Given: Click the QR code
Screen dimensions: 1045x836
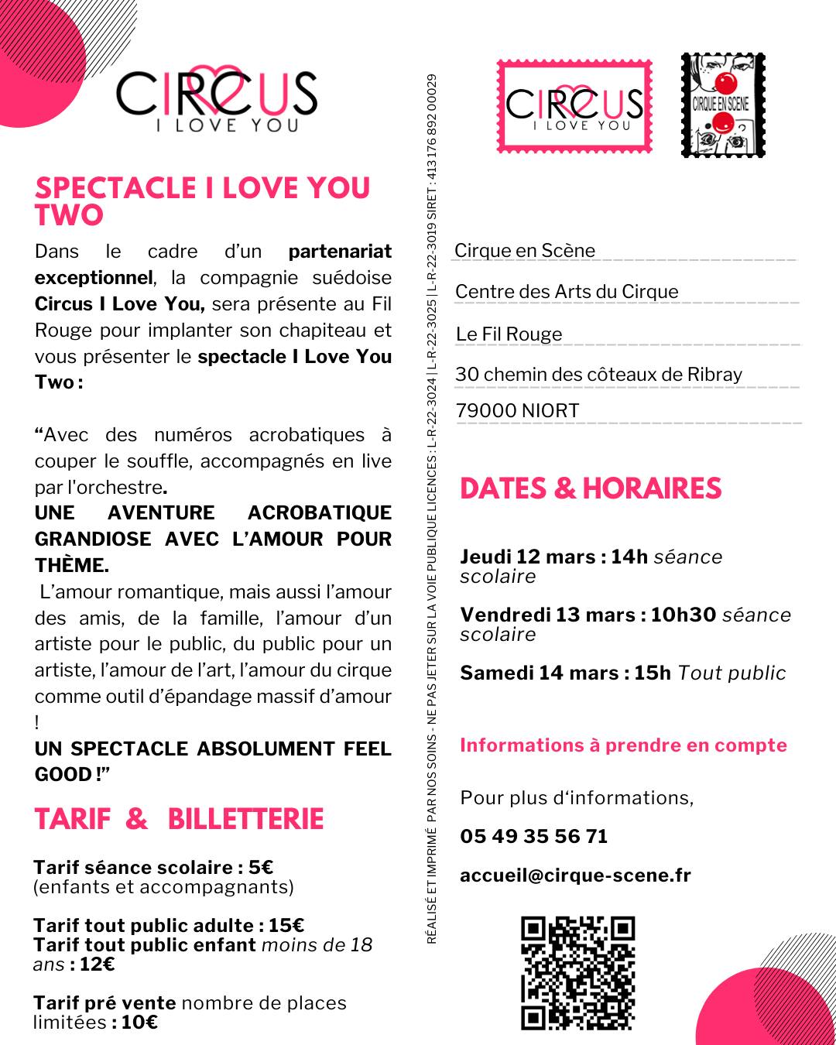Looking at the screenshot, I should click(577, 973).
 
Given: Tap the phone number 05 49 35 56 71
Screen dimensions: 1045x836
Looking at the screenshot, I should click(533, 836).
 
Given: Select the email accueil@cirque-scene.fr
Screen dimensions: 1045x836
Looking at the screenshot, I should click(575, 875).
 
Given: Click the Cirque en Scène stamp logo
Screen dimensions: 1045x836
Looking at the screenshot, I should click(723, 105).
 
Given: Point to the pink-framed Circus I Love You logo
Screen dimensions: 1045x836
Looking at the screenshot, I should click(574, 106).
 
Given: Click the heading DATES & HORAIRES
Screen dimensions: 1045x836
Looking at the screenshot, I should click(591, 488).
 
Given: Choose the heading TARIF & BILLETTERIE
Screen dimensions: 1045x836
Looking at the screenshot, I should click(179, 819).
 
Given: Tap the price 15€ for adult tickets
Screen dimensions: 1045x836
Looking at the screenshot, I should click(286, 926).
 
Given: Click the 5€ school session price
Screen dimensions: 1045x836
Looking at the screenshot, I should click(262, 868).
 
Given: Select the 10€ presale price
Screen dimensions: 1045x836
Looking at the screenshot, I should click(139, 1023).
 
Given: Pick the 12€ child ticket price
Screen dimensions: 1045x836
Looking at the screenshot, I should click(97, 964).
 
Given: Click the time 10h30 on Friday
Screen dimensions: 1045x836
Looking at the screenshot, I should click(683, 615).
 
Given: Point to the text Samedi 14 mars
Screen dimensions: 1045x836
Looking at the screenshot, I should click(539, 673).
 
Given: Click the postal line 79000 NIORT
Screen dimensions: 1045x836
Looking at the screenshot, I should click(517, 411).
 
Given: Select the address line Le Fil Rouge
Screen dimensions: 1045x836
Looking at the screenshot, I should click(509, 334).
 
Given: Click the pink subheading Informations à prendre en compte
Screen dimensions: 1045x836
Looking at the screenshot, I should click(623, 745).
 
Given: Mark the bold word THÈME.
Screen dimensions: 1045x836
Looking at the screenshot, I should click(71, 566).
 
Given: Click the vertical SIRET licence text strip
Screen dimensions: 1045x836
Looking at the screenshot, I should click(432, 508).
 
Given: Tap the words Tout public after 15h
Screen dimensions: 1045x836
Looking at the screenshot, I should click(731, 673).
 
